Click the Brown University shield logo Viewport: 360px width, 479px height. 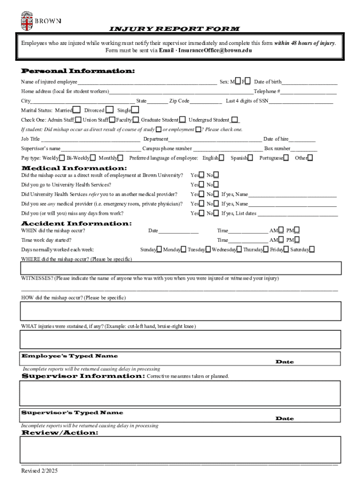[26, 21]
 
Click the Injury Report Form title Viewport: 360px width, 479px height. [174, 29]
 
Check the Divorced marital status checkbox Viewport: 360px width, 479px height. [109, 110]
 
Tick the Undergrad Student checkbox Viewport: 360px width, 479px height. [235, 120]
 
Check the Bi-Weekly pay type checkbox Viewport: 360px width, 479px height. [94, 158]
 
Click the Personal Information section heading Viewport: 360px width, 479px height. [78, 71]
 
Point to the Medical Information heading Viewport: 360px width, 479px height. [74, 167]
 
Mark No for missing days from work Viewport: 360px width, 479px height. [216, 213]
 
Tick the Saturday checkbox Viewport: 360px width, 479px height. [312, 249]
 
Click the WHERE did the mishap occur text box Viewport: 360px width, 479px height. [180, 268]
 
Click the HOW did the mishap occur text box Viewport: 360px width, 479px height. [180, 311]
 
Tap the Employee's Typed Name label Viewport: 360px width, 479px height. [70, 356]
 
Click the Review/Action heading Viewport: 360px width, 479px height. [60, 433]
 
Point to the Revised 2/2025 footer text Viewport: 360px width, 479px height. [40, 471]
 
